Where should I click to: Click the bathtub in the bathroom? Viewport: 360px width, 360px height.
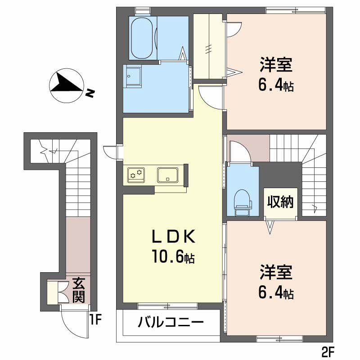143,38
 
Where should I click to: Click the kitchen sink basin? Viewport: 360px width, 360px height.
168,174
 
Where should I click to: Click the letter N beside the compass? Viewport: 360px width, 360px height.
90,94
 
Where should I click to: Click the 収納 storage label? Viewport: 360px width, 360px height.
281,202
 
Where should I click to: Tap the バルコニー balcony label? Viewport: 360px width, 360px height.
171,322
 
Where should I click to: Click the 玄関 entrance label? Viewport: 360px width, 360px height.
80,291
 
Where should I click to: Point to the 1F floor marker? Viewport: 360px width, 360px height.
96,320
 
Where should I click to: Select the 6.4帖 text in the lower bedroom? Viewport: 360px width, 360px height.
276,293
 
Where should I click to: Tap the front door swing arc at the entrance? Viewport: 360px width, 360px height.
70,324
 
